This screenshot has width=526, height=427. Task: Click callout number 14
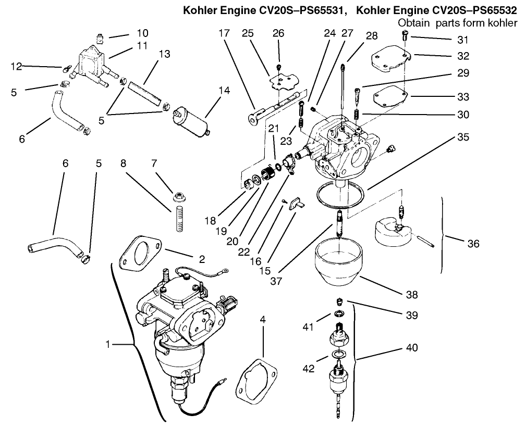coord(224,90)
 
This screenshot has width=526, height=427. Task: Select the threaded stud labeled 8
coord(178,218)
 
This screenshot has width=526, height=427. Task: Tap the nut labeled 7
coord(178,198)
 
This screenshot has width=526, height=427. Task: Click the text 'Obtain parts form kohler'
coord(457,23)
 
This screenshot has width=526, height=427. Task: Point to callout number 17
coord(224,33)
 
